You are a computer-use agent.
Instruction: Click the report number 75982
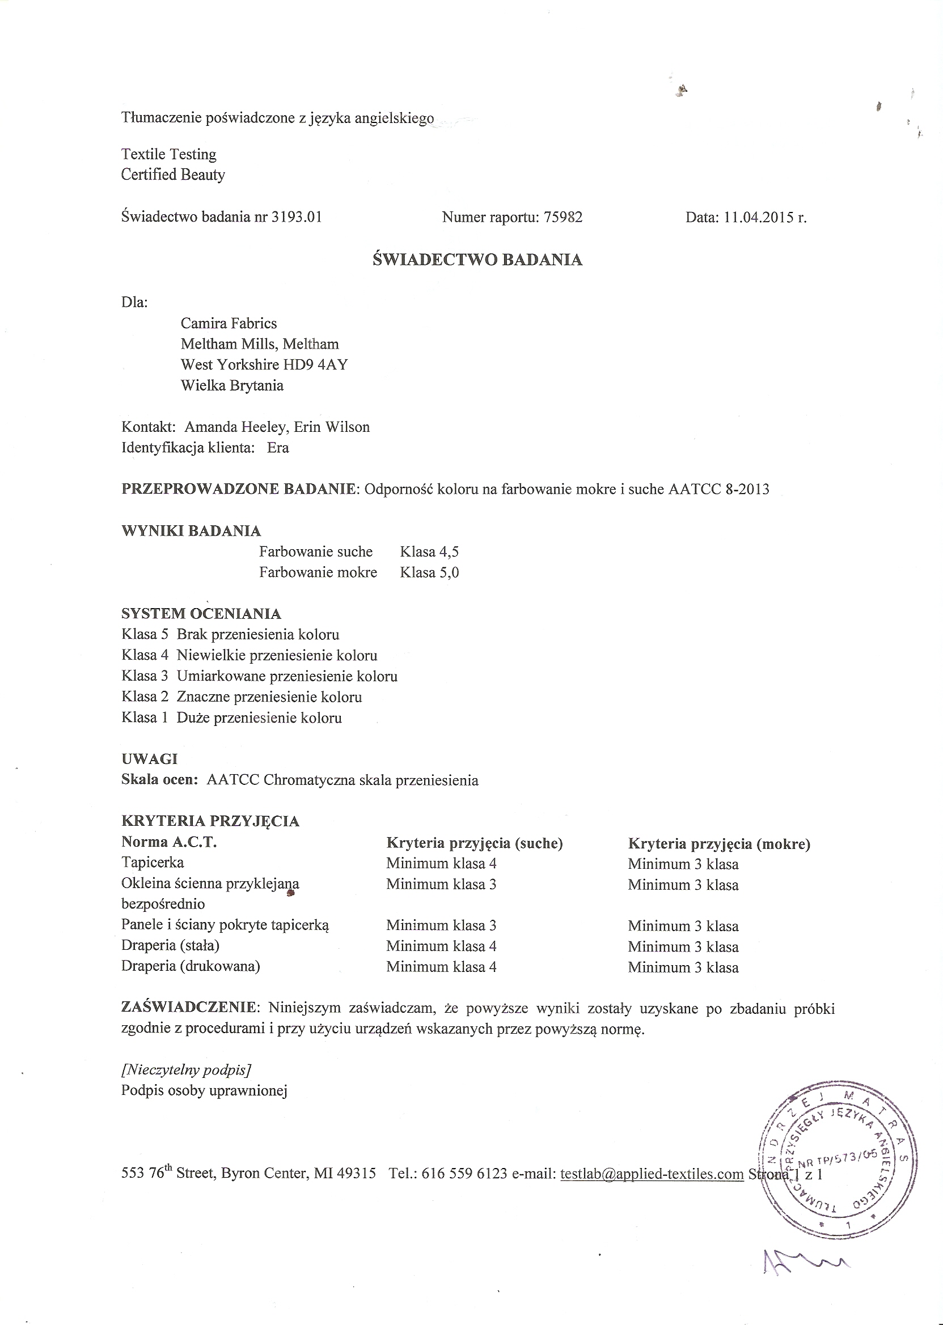[563, 217]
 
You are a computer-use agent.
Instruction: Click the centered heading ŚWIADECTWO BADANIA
[477, 260]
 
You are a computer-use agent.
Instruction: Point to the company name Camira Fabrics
[229, 323]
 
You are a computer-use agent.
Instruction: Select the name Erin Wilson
[332, 427]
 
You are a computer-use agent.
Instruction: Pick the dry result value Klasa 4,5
[429, 551]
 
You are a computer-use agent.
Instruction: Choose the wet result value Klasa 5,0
[429, 572]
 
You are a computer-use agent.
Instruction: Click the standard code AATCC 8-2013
[718, 489]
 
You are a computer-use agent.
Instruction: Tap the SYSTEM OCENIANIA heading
[201, 613]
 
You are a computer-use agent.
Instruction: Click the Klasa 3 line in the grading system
[259, 676]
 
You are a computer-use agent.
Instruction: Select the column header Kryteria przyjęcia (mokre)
[719, 844]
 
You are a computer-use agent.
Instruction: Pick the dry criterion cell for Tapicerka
[441, 864]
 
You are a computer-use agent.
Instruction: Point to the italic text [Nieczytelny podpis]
[186, 1069]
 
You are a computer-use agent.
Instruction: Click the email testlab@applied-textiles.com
[652, 1174]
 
